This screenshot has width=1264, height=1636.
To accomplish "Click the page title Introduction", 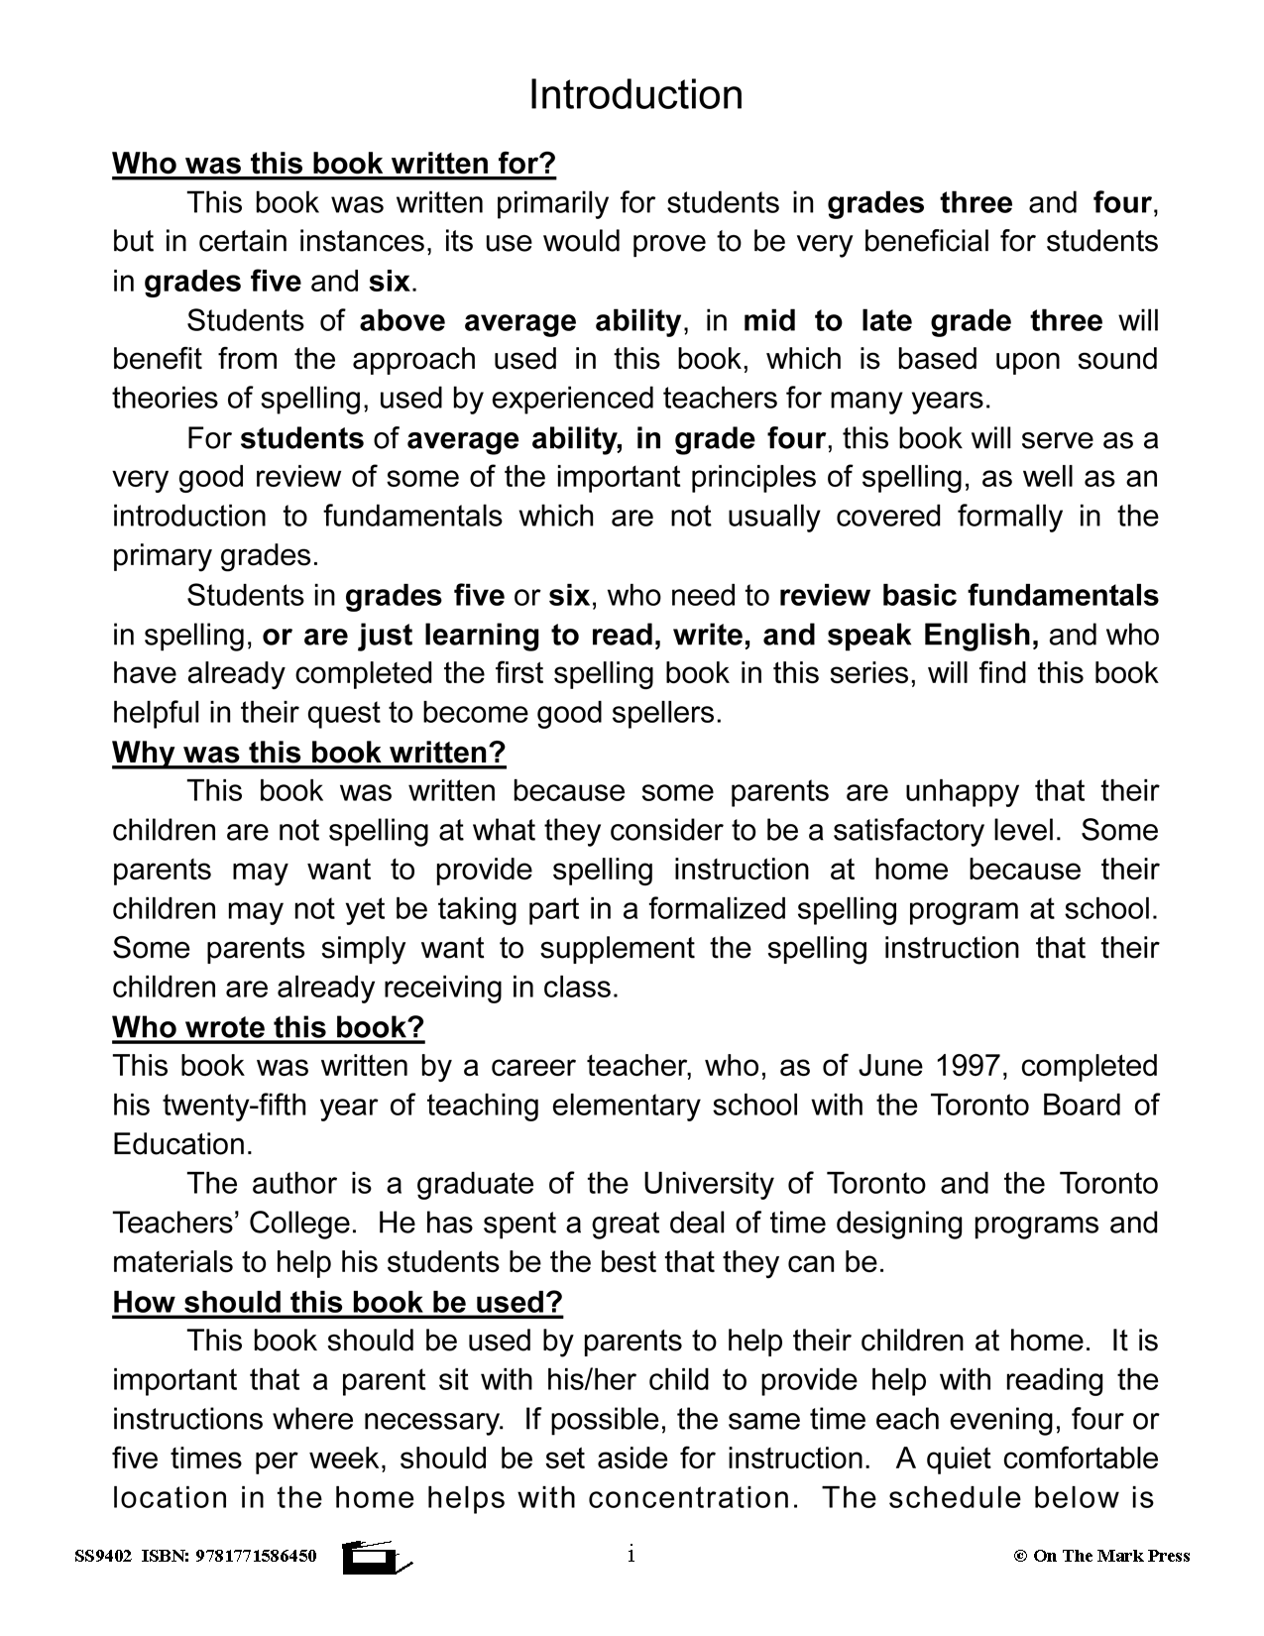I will [635, 95].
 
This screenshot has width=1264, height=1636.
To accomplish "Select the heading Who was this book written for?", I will [334, 163].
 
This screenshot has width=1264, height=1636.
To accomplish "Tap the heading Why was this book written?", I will [308, 753].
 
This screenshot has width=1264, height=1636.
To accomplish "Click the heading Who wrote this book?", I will [268, 1027].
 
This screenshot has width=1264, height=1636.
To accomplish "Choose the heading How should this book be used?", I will [337, 1302].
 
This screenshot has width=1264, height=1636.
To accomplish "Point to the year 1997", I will [969, 1067].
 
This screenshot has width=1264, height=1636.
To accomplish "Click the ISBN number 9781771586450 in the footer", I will [255, 1556].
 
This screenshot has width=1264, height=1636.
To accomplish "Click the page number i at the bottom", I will [631, 1555].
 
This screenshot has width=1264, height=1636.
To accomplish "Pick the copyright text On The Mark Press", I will [1110, 1556].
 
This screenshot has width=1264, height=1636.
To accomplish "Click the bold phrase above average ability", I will [519, 321].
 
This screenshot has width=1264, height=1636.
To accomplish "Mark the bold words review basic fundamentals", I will [969, 596].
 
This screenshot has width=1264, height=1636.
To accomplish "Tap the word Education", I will [182, 1145].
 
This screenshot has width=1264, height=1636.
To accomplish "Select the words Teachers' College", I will [233, 1224].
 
